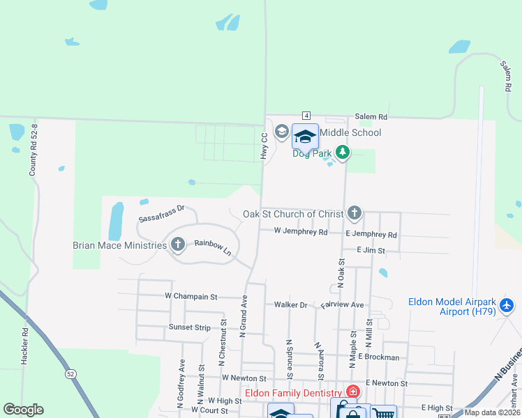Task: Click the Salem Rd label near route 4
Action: coord(371,117)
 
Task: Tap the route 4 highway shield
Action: coord(306,115)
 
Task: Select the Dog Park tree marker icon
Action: coord(342,151)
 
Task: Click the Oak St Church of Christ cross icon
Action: coord(355,212)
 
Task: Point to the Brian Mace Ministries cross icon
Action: coord(177,245)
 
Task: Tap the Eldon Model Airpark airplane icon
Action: coord(507,305)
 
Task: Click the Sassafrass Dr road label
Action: coord(161,213)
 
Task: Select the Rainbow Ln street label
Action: coord(212,245)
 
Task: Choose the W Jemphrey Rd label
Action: coord(300,231)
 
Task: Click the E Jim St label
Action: coord(371,249)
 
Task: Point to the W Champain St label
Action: coord(191,296)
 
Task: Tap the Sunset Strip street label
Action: coord(189,327)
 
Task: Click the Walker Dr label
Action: coord(290,304)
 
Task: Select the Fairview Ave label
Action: coord(343,304)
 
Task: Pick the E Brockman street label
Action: coord(379,357)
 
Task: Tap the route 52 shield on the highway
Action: coord(71,374)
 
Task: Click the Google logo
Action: coord(23,410)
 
